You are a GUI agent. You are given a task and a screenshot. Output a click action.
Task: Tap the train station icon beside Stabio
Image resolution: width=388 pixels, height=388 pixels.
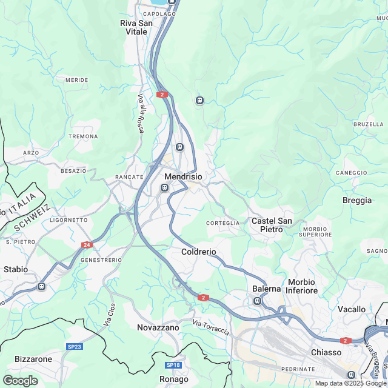(41, 286)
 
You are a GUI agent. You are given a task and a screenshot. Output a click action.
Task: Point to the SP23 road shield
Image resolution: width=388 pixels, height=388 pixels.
(74, 346)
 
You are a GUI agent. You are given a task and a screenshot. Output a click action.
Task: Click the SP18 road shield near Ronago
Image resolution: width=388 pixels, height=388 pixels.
(173, 365)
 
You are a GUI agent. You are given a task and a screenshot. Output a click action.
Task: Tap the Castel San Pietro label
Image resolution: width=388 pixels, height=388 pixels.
(272, 225)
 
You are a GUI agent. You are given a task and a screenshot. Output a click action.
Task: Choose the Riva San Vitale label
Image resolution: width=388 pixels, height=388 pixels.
(136, 27)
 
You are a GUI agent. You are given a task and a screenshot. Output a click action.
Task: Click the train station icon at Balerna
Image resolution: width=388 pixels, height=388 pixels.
(258, 301)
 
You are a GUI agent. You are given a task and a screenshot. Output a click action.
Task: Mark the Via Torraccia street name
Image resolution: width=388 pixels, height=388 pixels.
(211, 328)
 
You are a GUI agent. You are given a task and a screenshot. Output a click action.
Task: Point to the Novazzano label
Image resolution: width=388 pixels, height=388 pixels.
(158, 327)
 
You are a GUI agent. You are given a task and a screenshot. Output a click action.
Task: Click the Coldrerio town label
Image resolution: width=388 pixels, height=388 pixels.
(198, 252)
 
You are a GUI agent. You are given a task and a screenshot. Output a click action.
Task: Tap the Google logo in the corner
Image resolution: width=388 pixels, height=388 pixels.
(20, 380)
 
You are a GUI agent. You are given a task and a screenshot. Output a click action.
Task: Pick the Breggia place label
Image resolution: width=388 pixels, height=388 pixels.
(357, 201)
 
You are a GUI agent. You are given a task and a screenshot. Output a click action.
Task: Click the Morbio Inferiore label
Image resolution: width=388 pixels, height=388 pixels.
(302, 286)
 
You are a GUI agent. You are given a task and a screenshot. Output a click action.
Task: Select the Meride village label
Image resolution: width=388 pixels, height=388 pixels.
(76, 80)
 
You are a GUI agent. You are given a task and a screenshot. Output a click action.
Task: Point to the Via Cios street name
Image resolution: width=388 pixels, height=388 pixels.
(109, 315)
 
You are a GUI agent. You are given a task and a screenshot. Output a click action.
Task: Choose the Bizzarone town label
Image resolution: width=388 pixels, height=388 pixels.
(33, 359)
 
